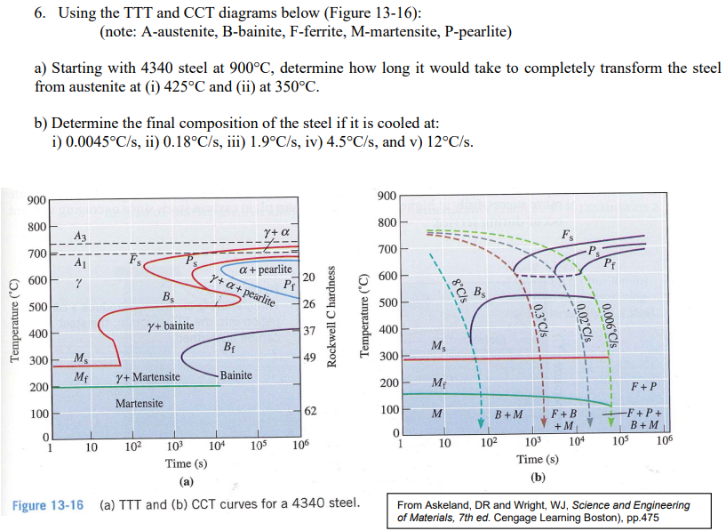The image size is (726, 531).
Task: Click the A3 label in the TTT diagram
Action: click(80, 235)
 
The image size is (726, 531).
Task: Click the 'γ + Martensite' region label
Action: click(148, 377)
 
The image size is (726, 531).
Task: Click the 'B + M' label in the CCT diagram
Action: click(508, 414)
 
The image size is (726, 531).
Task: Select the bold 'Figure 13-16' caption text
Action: click(48, 505)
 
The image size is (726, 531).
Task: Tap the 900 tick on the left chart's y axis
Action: click(36, 199)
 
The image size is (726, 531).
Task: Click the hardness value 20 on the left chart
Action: click(308, 278)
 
